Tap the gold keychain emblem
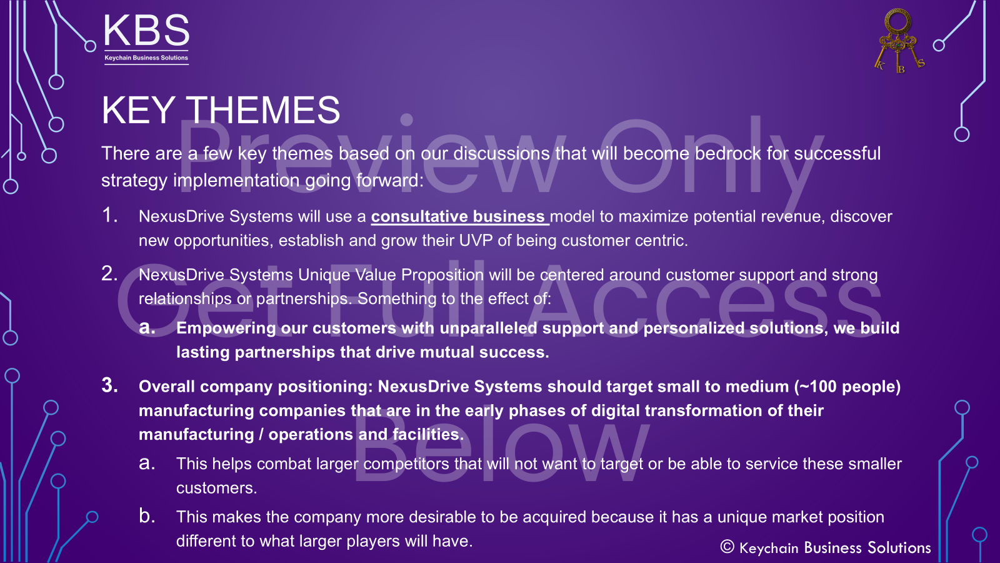[x=898, y=40]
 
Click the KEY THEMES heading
[x=221, y=110]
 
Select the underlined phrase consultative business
[x=458, y=216]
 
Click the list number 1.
[x=109, y=215]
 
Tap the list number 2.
[x=109, y=273]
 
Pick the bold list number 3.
[x=109, y=385]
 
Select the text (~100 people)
[x=847, y=387]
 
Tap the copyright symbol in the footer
[x=727, y=547]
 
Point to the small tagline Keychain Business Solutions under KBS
[x=146, y=58]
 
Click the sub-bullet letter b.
[x=146, y=516]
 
